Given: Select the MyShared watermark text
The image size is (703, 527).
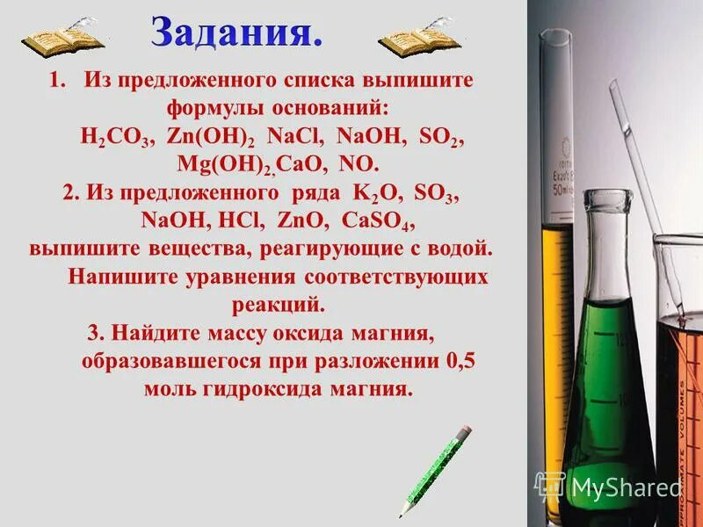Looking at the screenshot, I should [626, 487].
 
